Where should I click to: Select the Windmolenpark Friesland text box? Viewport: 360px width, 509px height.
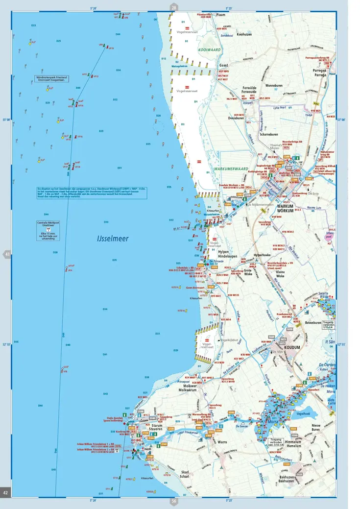tap(51, 79)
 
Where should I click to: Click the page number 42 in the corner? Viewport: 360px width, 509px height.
tap(6, 492)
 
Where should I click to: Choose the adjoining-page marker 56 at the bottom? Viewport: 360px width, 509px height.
tap(173, 501)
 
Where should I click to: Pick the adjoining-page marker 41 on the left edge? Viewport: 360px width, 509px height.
tap(7, 254)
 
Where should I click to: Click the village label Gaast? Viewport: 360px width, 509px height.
tap(223, 65)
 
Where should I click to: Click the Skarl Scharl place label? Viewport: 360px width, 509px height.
tap(185, 474)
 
